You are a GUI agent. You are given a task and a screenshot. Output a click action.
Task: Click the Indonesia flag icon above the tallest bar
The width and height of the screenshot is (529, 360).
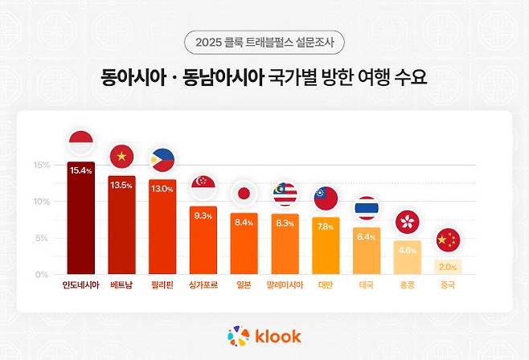point(81,144)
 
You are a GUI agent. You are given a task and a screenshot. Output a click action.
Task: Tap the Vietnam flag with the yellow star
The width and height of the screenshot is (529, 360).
point(122,157)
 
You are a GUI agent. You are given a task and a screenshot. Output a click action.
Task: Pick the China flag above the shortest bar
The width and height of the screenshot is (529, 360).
point(449,240)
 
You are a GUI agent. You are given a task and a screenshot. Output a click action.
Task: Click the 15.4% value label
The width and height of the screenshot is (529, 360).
point(81,170)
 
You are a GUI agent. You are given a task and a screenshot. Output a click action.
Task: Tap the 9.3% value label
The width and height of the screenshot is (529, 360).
point(203,215)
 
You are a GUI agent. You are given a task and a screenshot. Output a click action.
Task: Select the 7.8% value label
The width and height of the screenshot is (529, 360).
point(326,227)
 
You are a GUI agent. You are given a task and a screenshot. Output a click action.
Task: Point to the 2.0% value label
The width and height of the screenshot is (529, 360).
point(449,267)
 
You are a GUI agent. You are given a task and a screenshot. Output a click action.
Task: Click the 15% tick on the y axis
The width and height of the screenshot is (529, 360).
point(41,166)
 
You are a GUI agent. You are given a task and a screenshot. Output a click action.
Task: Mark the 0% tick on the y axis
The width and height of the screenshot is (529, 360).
point(43,275)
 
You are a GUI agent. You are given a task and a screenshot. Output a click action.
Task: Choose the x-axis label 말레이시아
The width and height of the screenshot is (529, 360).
point(285,285)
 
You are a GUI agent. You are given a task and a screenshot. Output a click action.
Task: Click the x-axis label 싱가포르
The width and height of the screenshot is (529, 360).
point(203,285)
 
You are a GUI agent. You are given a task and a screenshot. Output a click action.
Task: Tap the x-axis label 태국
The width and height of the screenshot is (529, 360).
point(367,285)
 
